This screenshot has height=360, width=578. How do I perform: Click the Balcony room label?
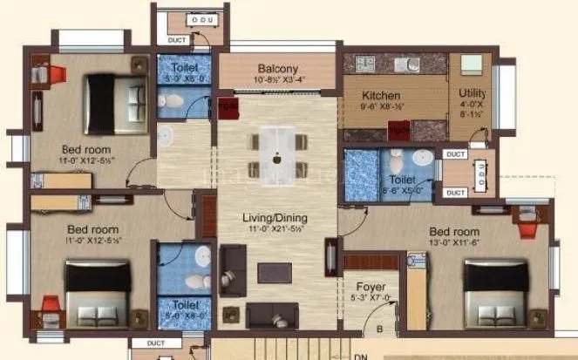pos(277,69)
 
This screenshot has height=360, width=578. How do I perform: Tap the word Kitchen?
pos(381,95)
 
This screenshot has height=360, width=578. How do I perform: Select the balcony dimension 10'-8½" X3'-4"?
pos(277,80)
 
